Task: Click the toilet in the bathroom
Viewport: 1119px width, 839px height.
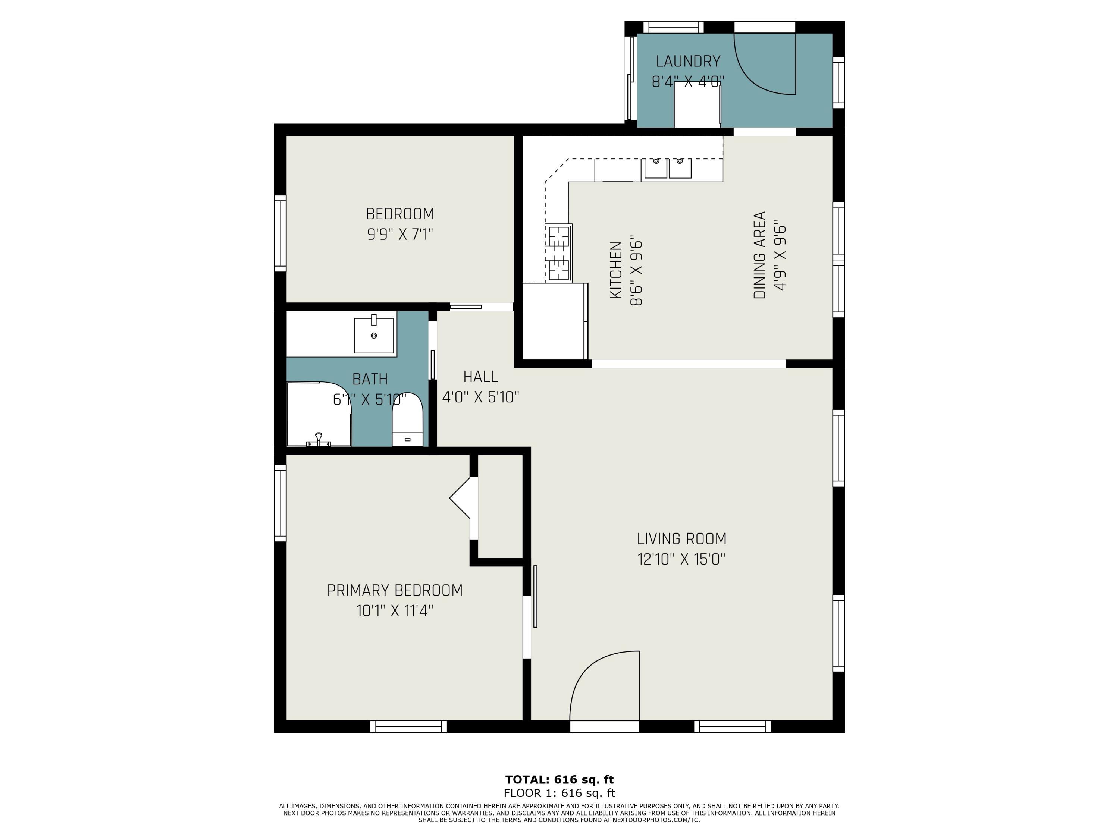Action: click(x=407, y=419)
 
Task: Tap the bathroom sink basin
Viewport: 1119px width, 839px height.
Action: click(x=374, y=335)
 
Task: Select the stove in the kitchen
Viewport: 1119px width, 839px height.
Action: click(x=559, y=253)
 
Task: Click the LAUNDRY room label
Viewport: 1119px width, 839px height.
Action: click(x=688, y=61)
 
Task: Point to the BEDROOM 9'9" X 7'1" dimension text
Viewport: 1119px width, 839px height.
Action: click(x=400, y=235)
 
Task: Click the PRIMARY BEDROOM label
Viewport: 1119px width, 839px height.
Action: click(x=395, y=590)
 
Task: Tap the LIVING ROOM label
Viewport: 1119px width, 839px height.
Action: click(x=681, y=538)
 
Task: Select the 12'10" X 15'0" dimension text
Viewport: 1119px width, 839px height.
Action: click(x=681, y=559)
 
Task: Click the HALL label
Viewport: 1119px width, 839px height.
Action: click(x=480, y=376)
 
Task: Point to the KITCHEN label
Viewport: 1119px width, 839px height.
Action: click(x=616, y=270)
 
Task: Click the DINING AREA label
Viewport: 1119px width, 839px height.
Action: click(x=760, y=255)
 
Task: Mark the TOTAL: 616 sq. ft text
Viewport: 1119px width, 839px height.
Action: click(x=559, y=779)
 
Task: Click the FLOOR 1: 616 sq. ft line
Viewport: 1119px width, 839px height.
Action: click(x=559, y=793)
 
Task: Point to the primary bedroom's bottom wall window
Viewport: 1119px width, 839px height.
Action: click(x=409, y=726)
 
